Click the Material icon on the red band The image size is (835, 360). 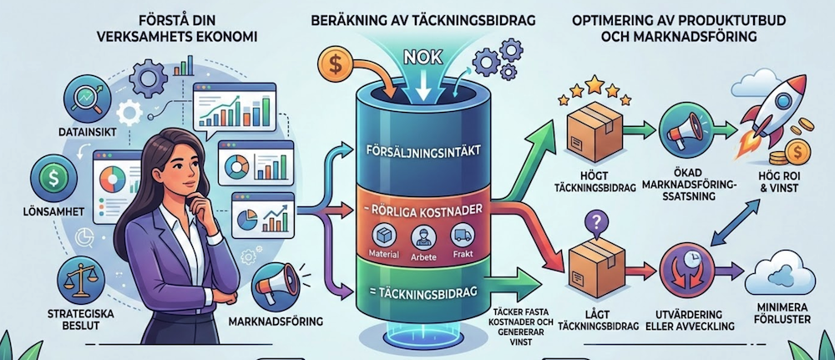pos(382,237)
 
